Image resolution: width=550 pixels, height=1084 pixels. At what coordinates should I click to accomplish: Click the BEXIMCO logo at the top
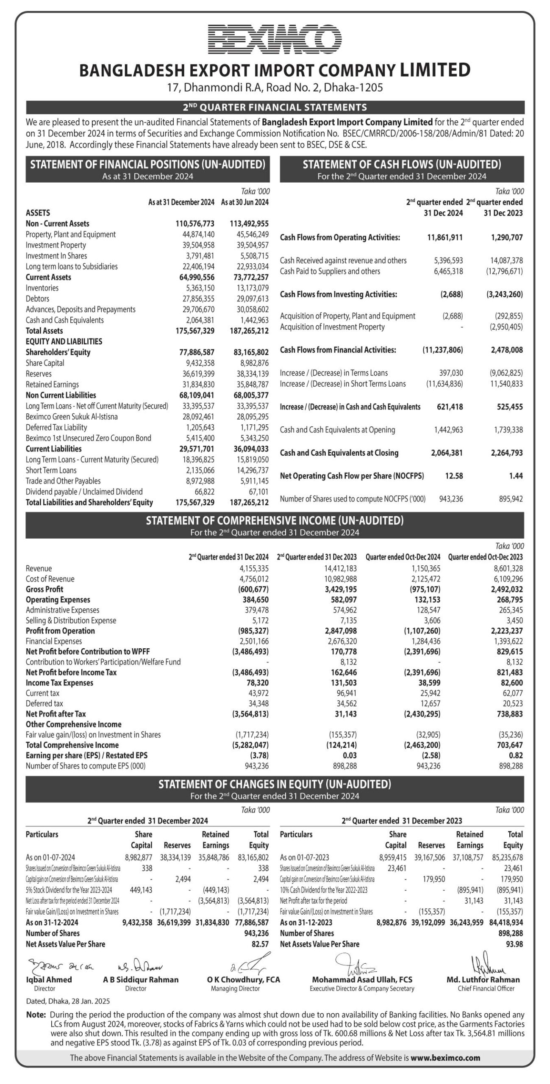[x=275, y=39]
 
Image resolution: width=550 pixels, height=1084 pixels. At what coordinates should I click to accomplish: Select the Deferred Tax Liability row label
[x=56, y=427]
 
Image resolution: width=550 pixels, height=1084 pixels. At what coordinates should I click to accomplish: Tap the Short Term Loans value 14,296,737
[x=253, y=470]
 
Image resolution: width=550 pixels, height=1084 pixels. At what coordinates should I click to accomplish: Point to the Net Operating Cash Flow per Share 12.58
[x=454, y=476]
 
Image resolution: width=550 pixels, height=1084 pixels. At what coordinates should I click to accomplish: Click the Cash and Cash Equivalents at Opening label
[x=337, y=430]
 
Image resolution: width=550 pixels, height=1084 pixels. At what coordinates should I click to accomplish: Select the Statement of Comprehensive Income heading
[x=275, y=520]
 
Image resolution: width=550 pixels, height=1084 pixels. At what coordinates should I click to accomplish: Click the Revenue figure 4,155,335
[x=254, y=568]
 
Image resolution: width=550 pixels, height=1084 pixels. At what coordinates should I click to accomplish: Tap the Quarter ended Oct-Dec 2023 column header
[x=485, y=557]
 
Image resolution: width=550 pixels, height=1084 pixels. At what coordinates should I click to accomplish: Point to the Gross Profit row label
[x=44, y=589]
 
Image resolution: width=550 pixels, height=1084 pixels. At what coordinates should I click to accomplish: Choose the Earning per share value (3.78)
[x=258, y=755]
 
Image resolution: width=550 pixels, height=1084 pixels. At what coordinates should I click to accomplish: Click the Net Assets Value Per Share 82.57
[x=260, y=944]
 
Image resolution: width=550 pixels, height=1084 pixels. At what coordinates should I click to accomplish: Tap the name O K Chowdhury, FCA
[x=243, y=979]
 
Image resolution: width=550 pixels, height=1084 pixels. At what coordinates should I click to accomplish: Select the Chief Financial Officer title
[x=486, y=988]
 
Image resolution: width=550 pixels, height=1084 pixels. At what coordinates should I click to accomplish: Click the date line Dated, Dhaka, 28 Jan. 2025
[x=68, y=1001]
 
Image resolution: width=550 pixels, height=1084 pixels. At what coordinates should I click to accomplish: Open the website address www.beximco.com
[x=445, y=1058]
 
